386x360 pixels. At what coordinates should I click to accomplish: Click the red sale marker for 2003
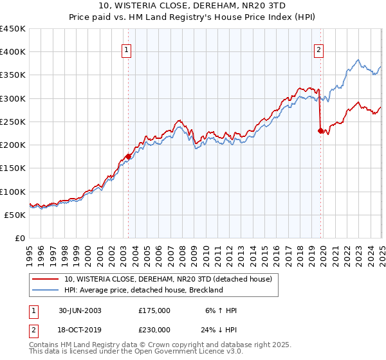click(x=128, y=156)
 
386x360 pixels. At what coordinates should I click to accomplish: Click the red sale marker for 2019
click(x=320, y=130)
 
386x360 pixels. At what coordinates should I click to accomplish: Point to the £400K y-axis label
click(x=13, y=52)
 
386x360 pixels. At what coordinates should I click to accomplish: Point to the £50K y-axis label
click(x=15, y=215)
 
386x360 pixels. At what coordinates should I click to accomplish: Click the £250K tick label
click(x=13, y=122)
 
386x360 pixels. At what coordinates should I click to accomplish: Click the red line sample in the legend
click(x=45, y=279)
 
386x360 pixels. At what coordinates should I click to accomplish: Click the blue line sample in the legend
click(x=45, y=290)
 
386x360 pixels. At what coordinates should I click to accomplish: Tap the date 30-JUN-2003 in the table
click(x=80, y=310)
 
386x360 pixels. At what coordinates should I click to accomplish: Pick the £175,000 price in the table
click(x=154, y=310)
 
